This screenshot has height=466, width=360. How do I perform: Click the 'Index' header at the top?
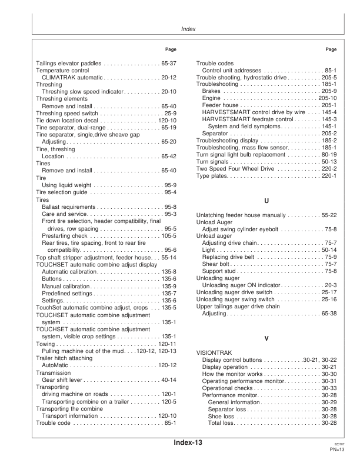point(188,28)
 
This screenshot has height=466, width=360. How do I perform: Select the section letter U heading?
point(266,201)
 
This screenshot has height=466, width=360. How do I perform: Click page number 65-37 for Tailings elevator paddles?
point(168,62)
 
